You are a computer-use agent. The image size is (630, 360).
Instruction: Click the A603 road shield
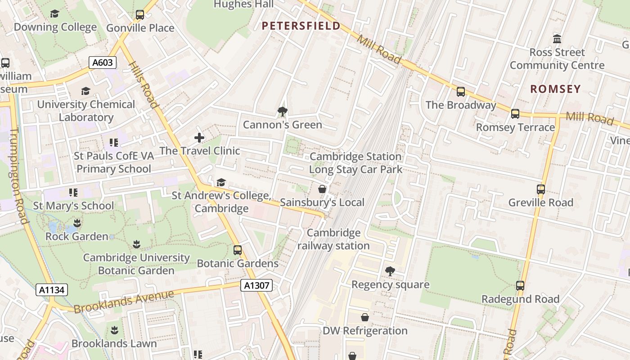coord(102,63)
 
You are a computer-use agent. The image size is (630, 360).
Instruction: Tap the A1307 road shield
coord(256,285)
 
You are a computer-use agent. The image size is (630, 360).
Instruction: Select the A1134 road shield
coord(52,290)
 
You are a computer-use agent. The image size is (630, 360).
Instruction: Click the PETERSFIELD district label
coord(301,26)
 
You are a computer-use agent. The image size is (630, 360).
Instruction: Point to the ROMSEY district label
coord(555,89)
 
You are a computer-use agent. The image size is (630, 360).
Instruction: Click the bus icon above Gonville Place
coord(140,15)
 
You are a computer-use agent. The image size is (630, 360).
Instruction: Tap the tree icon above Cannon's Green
coord(283,111)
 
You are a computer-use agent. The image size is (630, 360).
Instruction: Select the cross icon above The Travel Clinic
coord(199,137)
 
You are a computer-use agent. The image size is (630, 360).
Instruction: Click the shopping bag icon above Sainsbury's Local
coord(322,189)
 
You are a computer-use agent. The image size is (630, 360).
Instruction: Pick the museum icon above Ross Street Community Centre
coord(557,39)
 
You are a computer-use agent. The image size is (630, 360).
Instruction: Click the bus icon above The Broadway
coord(461,92)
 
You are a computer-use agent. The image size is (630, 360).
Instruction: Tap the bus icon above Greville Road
coord(541,189)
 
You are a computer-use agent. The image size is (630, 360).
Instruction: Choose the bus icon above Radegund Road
coord(520,285)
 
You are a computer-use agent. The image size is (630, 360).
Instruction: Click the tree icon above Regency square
coord(390,271)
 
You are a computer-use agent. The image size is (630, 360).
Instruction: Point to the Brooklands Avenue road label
coord(124,302)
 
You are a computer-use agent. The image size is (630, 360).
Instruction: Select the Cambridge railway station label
coord(333,239)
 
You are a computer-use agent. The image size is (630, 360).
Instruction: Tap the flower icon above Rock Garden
coord(77,223)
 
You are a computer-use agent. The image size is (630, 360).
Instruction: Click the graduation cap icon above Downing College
coord(55,14)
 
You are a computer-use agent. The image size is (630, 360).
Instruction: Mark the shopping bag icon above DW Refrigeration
coord(365,317)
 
